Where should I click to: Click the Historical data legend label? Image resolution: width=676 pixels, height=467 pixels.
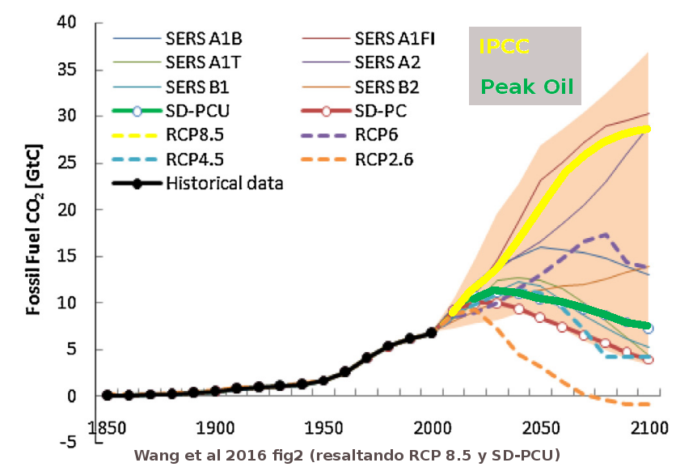point(224,183)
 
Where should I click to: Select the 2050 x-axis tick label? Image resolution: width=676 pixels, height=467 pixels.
point(539,427)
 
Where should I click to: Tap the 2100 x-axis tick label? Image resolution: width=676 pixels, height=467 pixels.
point(647,427)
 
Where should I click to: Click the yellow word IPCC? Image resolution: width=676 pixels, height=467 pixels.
point(503,47)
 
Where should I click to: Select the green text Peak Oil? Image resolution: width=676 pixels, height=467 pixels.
point(526,86)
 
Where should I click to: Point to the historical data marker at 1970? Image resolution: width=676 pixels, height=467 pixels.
point(366,358)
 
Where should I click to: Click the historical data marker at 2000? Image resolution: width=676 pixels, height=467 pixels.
point(431,332)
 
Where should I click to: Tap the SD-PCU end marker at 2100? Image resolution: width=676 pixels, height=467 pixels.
point(648,329)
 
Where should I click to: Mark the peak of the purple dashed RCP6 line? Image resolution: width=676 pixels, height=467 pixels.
point(606,235)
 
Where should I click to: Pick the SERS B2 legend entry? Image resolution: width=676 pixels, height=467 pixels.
point(387,86)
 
